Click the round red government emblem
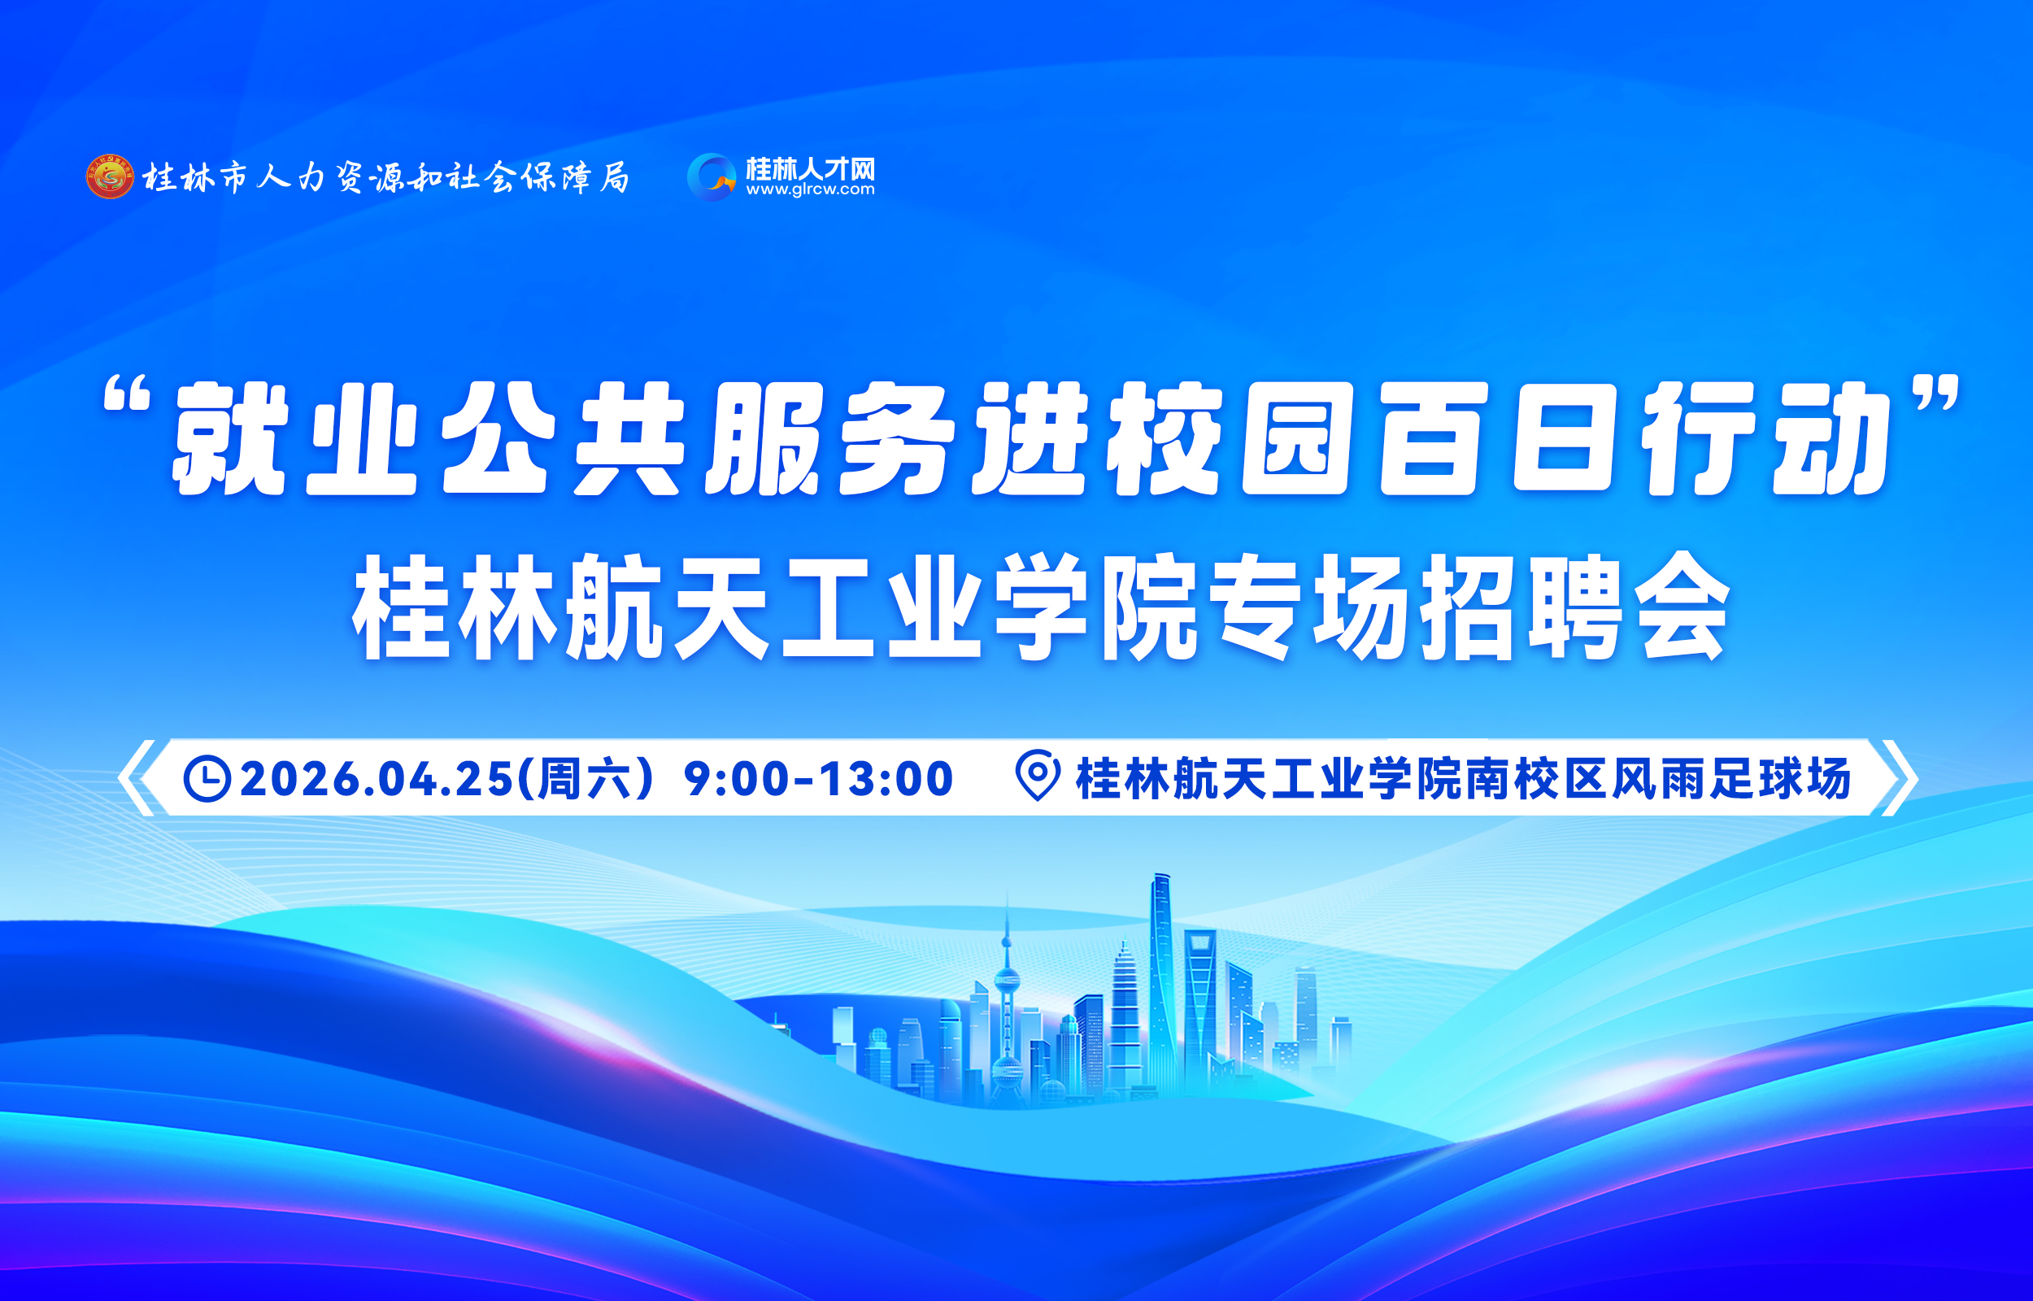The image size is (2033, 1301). (110, 176)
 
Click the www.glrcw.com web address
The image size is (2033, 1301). (810, 190)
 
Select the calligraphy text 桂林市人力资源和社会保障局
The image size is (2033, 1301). (386, 177)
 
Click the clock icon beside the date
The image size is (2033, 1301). (207, 778)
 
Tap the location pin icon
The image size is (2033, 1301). (1037, 775)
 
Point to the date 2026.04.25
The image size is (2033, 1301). (377, 778)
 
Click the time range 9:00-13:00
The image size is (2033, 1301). (818, 778)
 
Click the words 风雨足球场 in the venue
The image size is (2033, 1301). (1730, 778)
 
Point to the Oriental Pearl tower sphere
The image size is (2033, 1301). (1007, 981)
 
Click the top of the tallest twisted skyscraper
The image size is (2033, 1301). (1162, 876)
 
